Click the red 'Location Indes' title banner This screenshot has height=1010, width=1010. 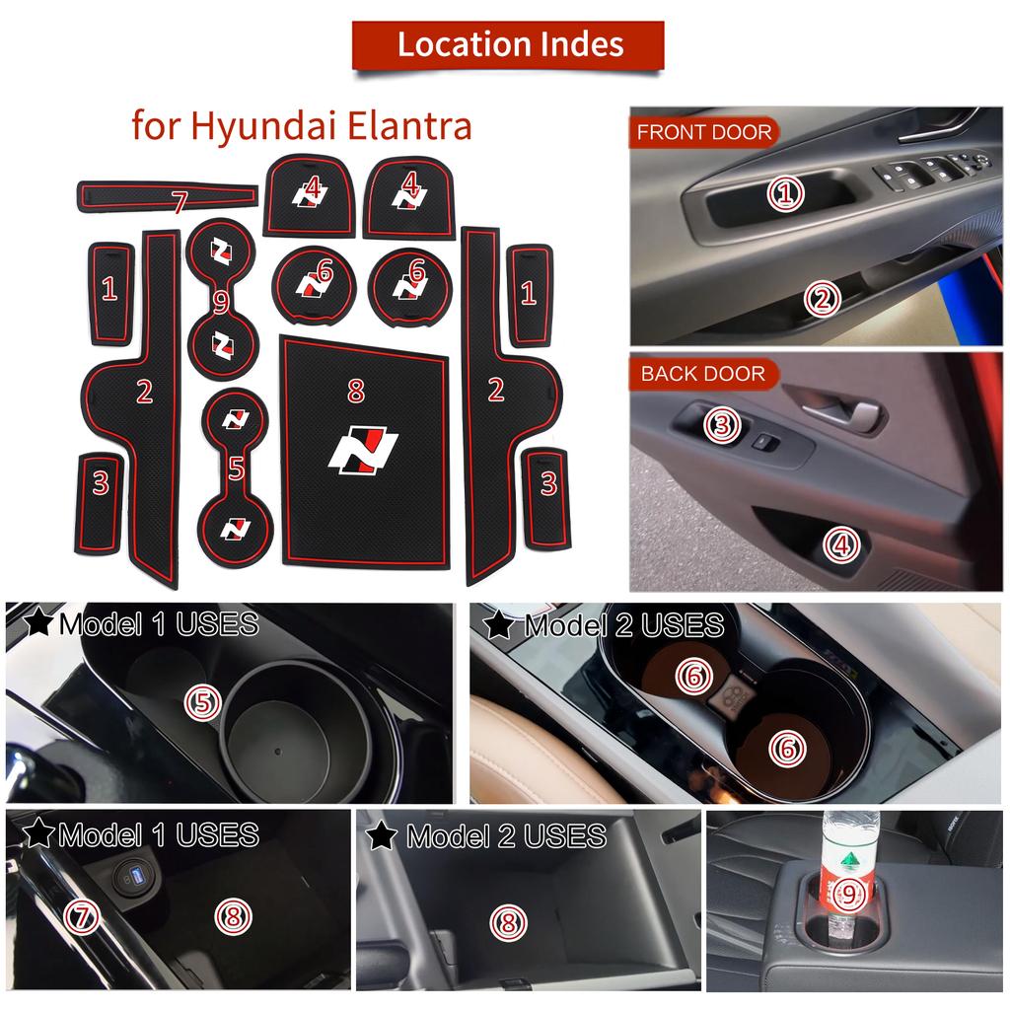pyautogui.click(x=509, y=44)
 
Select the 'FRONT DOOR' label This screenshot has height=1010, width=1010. pyautogui.click(x=703, y=132)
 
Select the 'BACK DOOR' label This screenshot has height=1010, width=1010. pyautogui.click(x=702, y=374)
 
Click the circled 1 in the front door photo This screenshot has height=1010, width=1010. pyautogui.click(x=785, y=193)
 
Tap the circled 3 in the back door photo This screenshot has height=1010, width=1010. pyautogui.click(x=721, y=425)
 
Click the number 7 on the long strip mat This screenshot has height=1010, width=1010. pyautogui.click(x=179, y=203)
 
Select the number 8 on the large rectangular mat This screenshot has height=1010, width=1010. pyautogui.click(x=356, y=392)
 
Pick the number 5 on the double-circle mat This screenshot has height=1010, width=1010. pyautogui.click(x=236, y=469)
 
